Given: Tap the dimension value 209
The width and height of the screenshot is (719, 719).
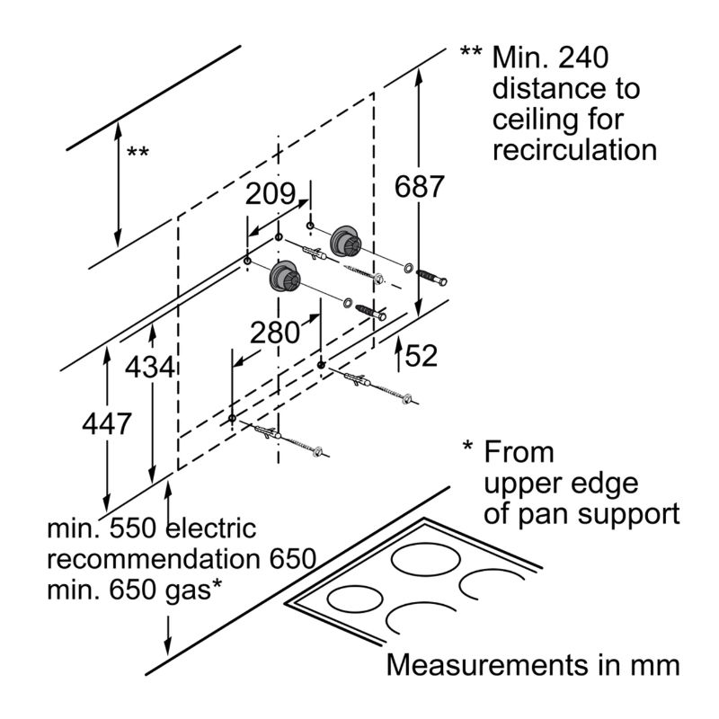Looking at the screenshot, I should (271, 193).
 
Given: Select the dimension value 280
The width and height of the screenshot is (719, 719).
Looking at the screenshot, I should (274, 333).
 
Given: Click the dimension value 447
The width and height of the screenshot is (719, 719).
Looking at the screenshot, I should (106, 423).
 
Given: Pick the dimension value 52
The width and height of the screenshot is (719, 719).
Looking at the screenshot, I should (421, 355).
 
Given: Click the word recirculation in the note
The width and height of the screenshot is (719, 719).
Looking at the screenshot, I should (574, 148).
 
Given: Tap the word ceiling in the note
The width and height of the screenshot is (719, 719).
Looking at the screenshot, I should (532, 119).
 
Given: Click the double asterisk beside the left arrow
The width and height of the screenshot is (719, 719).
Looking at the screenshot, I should (138, 152).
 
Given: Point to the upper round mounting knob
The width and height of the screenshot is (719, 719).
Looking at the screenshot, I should (344, 240).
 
